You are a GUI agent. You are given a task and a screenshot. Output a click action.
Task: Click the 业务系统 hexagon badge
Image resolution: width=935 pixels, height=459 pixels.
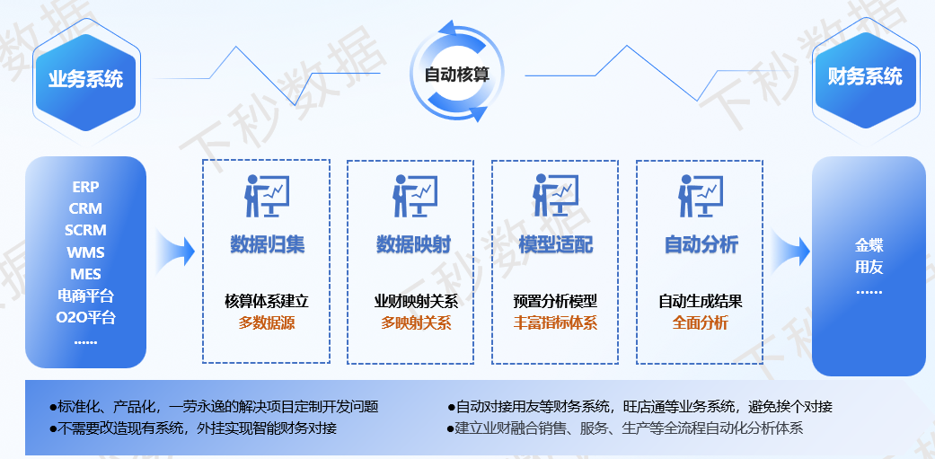coord(86,78)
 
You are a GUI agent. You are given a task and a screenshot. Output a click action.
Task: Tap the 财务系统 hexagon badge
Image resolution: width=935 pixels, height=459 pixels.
coord(865,77)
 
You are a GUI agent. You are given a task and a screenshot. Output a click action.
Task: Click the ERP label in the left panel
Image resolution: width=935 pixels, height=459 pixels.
coord(86,187)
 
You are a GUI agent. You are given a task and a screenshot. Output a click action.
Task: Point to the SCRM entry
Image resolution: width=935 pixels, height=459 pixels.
coord(86,230)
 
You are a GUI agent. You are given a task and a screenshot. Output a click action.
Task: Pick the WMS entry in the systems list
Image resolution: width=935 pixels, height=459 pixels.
coord(86,252)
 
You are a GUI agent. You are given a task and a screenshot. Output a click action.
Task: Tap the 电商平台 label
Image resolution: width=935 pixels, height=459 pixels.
coord(86,296)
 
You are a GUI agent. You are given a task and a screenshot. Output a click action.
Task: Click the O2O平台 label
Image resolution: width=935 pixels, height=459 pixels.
coord(86,317)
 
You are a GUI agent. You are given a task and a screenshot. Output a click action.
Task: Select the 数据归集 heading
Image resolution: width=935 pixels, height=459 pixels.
coord(267,244)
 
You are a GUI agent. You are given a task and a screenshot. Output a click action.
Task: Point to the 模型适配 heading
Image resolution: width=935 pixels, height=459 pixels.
coord(556,244)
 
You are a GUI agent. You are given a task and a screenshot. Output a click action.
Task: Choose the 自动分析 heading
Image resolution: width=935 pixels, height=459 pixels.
coord(701,244)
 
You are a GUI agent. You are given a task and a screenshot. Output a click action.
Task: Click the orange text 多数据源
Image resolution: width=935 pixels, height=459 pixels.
coord(267,323)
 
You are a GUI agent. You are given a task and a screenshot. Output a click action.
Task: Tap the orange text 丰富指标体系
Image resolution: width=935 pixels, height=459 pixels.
coord(555,323)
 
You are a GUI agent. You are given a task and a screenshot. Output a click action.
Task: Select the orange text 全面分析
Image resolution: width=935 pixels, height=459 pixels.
coord(701,323)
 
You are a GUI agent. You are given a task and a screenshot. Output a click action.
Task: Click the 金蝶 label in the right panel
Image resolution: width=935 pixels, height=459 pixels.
coord(869,244)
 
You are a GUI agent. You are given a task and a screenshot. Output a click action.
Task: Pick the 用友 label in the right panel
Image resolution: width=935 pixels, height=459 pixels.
coord(869,267)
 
